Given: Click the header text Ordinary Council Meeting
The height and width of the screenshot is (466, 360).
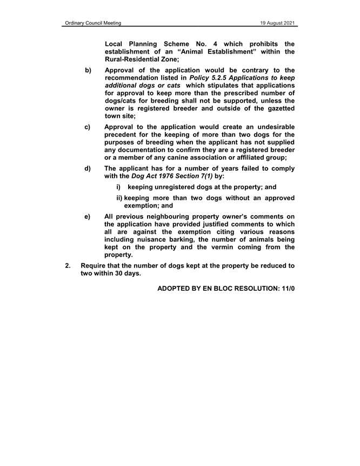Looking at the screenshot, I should [x=90, y=23].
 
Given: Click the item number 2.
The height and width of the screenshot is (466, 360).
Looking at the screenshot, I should [x=68, y=266].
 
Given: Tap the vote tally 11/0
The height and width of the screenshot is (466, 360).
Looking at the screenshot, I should [x=286, y=289].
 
